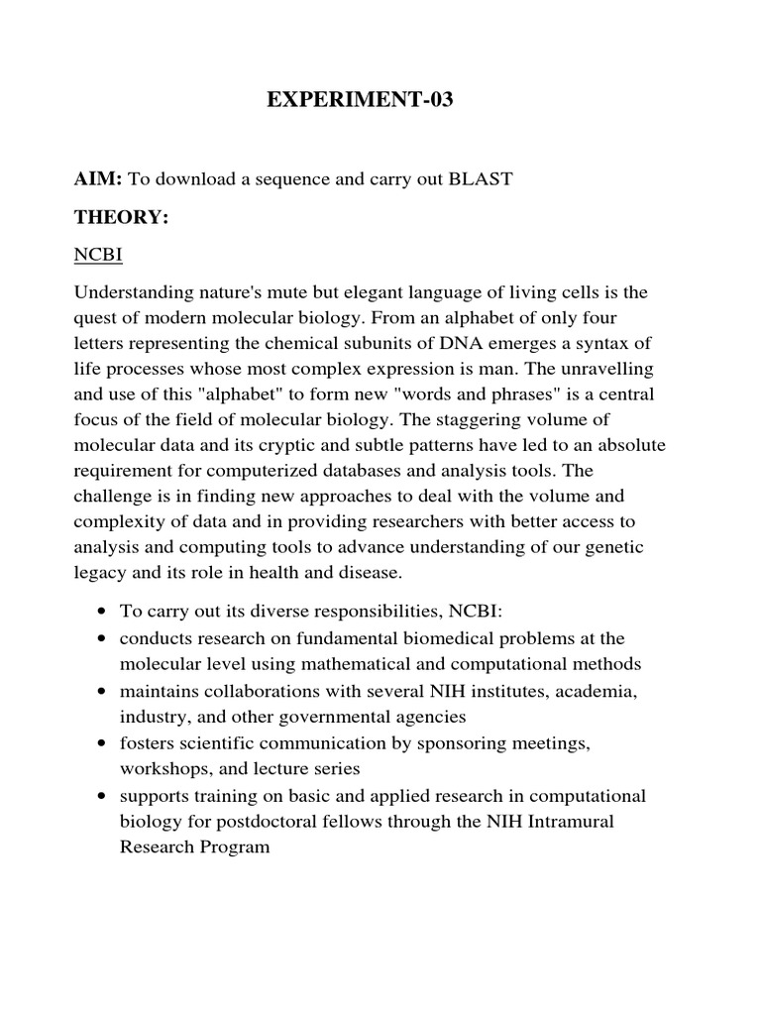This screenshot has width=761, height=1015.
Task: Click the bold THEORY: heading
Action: [121, 219]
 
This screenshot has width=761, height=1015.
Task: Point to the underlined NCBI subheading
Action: [97, 255]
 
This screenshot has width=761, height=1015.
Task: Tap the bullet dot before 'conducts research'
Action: [102, 638]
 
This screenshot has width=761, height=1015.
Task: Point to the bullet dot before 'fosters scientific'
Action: [102, 741]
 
